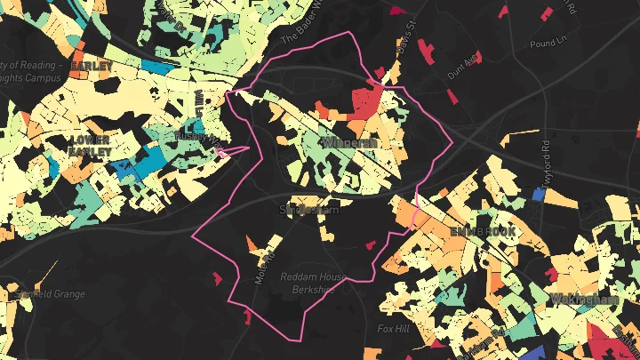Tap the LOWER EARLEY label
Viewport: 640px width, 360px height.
(91, 146)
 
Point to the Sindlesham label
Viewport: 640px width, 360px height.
(308, 211)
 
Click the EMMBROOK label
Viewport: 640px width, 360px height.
(482, 230)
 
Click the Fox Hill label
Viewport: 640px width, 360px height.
(393, 328)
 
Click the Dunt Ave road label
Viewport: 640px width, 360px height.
(462, 66)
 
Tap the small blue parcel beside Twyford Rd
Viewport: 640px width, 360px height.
(538, 193)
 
